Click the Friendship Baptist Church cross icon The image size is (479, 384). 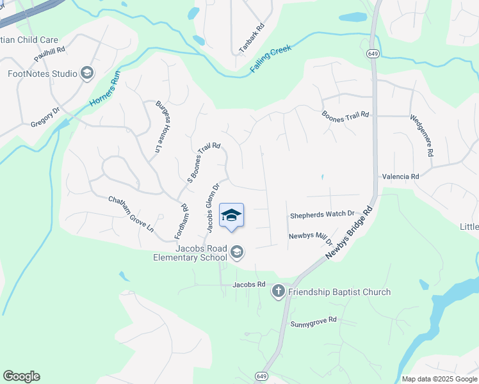[278, 292]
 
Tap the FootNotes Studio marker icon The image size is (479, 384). [86, 74]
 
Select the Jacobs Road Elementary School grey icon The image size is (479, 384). [237, 252]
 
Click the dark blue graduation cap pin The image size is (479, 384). [231, 216]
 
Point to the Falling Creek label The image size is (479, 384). [271, 58]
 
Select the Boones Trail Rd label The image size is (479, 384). [346, 115]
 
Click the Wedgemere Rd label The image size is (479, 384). [423, 136]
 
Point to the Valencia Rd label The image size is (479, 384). [400, 176]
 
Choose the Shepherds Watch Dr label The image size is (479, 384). [322, 214]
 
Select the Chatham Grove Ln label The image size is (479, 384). [131, 214]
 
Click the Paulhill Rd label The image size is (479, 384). [51, 50]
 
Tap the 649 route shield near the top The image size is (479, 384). [372, 53]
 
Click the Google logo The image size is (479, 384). [21, 376]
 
